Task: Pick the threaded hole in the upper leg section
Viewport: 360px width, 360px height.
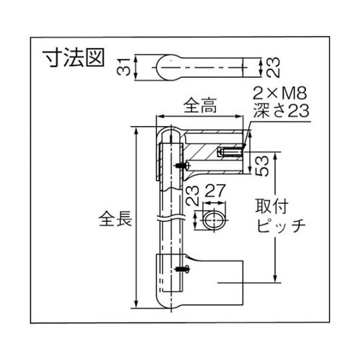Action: point(229,153)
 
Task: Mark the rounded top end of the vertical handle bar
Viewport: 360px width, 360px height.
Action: point(171,135)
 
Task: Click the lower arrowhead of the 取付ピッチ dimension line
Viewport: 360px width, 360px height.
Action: point(274,279)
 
